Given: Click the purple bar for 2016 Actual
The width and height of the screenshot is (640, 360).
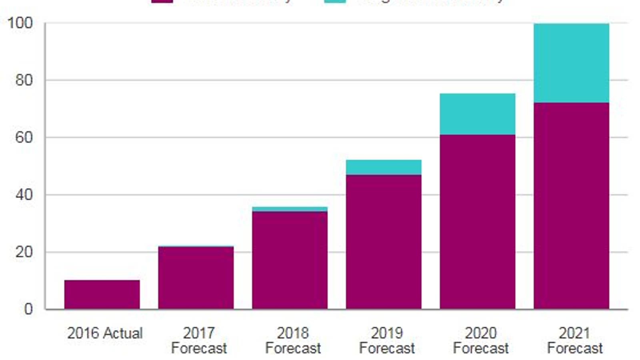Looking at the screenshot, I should pos(102,294).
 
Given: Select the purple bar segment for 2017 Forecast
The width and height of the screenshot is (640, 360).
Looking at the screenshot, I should pos(196,278).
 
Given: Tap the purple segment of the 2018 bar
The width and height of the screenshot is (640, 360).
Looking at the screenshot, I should pos(290,260).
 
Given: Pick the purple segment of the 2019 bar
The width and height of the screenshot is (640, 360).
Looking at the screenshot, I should pos(383,242).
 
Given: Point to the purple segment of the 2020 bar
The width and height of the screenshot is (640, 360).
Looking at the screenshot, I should pos(477,222).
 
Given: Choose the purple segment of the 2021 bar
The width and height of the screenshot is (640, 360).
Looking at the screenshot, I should pos(571,206).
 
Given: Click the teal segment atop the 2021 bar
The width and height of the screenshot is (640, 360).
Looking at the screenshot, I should pos(571,63).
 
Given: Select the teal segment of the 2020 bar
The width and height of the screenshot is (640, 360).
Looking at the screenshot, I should pos(477,114).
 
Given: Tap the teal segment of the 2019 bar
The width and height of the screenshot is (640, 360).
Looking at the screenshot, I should pos(383,167).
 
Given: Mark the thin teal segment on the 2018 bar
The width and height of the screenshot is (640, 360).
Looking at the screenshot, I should pos(290,209).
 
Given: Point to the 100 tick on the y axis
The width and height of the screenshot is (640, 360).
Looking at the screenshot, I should pos(20,23).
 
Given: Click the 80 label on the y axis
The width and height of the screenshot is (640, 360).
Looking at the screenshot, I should pos(24,80).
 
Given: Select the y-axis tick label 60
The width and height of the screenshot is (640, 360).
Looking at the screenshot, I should pos(24,138).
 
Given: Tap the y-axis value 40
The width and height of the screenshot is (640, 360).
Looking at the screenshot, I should pos(24,195).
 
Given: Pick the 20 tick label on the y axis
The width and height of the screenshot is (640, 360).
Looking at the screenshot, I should pos(24,252).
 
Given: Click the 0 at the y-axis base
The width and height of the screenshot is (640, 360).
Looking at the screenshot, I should pos(28,309).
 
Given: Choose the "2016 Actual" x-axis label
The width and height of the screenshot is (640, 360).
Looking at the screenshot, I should pos(105,333).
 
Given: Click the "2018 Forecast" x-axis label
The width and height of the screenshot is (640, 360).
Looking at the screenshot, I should pos(293,340).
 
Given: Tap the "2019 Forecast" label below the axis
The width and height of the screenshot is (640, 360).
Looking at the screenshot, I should pos(387,340).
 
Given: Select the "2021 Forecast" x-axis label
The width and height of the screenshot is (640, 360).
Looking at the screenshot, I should pos(575,340).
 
